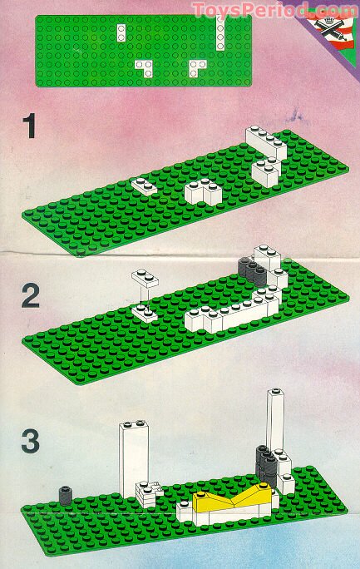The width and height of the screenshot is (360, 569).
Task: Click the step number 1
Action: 31,127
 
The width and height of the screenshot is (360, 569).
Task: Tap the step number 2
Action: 31,297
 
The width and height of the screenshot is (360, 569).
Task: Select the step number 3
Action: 31,442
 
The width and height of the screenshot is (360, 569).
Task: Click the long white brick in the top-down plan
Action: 220,34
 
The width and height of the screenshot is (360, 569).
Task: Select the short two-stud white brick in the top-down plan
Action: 122,33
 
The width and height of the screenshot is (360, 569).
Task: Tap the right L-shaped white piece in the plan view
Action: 197,67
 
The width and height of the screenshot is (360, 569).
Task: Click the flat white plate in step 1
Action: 143,186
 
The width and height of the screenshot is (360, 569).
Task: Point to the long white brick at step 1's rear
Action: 264,139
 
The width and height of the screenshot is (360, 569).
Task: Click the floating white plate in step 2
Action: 144,277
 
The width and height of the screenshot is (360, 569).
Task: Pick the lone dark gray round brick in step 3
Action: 64,495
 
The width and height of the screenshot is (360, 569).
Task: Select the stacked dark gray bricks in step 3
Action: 266,464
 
